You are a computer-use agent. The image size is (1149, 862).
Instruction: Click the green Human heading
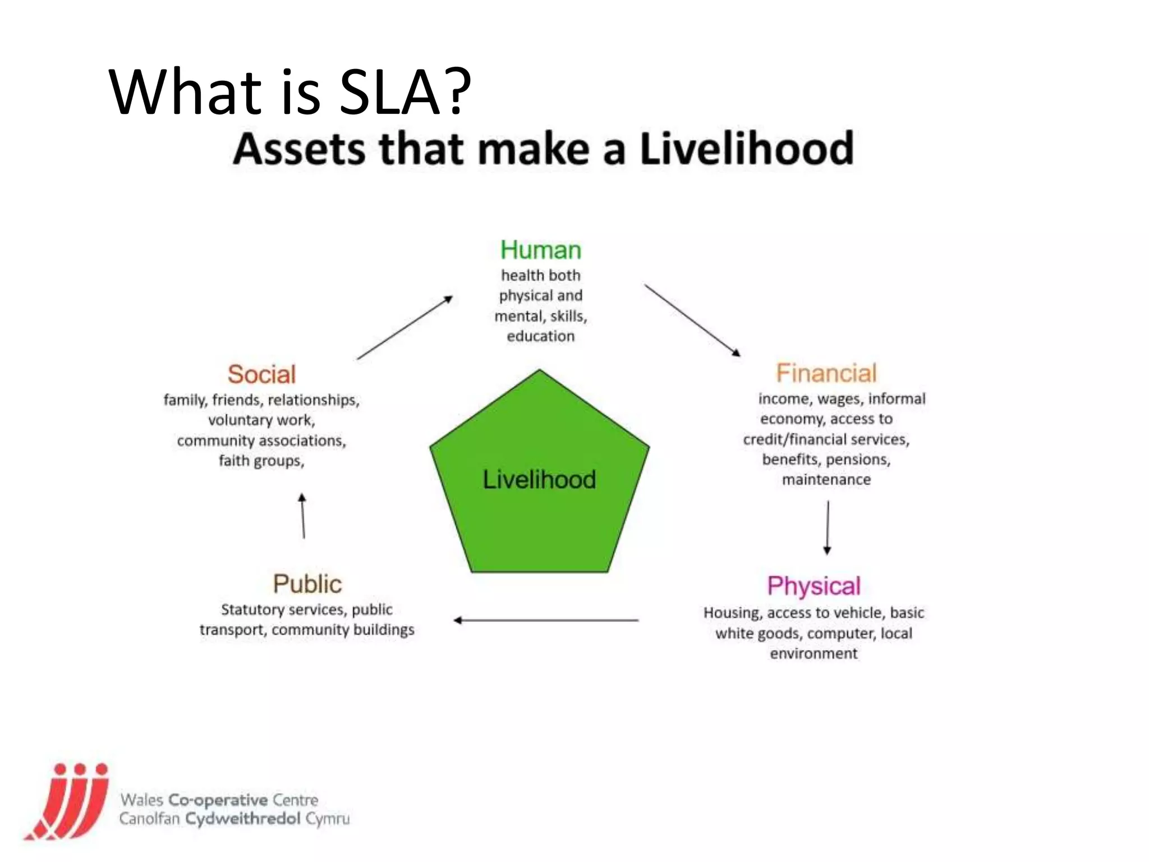[x=540, y=250]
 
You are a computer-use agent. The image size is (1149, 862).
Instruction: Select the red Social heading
[x=261, y=374]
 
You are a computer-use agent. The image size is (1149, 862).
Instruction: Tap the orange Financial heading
[x=826, y=373]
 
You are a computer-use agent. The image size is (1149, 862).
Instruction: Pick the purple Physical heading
[x=814, y=586]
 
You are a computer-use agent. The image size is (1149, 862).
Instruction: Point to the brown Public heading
[x=307, y=584]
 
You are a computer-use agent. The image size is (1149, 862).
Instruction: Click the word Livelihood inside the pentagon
[x=539, y=480]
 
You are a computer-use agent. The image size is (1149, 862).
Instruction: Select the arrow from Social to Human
[x=405, y=328]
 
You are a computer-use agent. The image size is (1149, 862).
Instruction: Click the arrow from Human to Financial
[x=692, y=320]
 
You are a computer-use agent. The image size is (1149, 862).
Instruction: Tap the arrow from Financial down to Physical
[x=828, y=528]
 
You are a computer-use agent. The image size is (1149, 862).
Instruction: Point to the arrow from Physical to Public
[x=546, y=620]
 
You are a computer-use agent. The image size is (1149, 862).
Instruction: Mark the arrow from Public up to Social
[x=303, y=516]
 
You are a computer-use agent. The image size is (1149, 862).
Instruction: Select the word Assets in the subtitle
[x=299, y=149]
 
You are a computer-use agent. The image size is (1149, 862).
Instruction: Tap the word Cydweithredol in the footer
[x=243, y=819]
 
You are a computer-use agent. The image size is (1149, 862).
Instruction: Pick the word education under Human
[x=540, y=336]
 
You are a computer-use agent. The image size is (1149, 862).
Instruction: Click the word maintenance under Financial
[x=826, y=480]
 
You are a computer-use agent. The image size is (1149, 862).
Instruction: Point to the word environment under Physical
[x=814, y=654]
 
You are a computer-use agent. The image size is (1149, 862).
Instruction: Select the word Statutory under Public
[x=251, y=609]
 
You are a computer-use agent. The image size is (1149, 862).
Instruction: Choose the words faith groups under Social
[x=261, y=461]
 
